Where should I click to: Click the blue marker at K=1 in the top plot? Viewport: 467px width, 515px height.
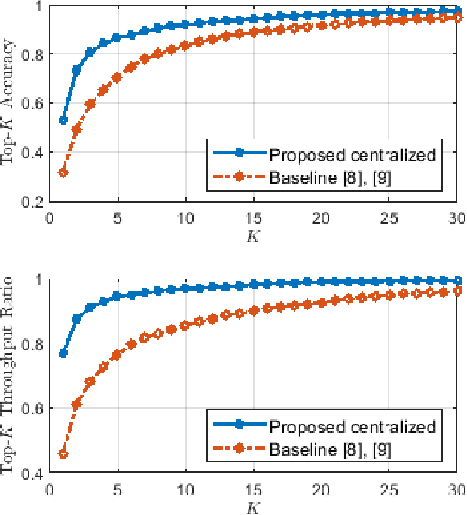tap(63, 120)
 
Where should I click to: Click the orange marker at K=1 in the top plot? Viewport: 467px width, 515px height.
tap(63, 172)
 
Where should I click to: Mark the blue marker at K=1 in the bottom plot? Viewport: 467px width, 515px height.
tap(63, 354)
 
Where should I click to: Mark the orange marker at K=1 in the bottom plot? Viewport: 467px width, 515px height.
tap(63, 454)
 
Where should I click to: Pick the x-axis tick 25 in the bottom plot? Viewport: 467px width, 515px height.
tap(389, 488)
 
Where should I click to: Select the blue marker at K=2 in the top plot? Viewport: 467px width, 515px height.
tap(77, 69)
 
